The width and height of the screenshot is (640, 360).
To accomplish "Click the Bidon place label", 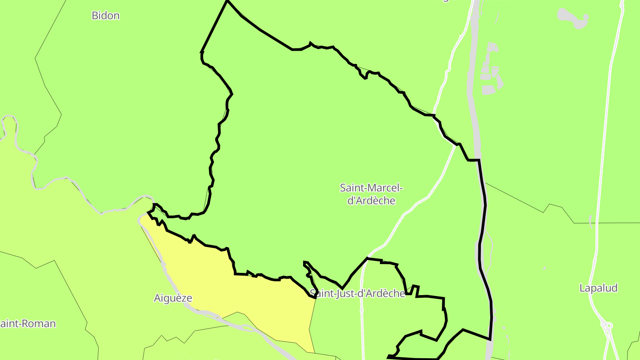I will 105,16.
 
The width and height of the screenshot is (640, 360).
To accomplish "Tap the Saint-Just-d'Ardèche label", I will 357,293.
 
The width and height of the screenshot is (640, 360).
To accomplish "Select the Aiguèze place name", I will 173,298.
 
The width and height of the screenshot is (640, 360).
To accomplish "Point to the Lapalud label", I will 598,288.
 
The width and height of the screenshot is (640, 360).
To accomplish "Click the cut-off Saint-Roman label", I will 28,324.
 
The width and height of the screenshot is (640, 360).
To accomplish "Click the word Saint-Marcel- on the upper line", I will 371,188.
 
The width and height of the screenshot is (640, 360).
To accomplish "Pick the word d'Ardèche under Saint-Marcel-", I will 371,200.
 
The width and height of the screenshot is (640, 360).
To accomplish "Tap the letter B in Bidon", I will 95,16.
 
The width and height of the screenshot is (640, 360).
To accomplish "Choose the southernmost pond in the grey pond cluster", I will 488,90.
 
